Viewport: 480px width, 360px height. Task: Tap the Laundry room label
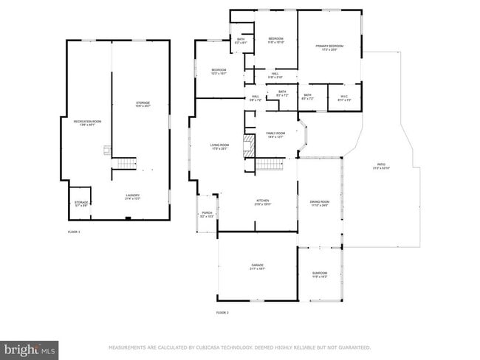pos(133,196)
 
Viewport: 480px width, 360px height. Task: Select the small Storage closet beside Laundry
pos(81,204)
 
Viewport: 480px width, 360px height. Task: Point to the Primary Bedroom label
pos(330,48)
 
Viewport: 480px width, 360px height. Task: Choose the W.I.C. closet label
pos(344,97)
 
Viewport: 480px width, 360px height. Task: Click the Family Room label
pos(275,134)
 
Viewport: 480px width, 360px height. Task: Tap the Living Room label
pos(220,146)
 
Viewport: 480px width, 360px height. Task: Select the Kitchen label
pos(264,202)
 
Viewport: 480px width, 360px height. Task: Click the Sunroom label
pos(319,274)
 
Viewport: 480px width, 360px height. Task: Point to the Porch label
pos(207,214)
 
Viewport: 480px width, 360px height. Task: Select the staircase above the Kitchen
pos(270,164)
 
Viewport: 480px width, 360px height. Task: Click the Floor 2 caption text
pos(222,314)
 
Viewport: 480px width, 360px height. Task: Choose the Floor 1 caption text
pos(73,232)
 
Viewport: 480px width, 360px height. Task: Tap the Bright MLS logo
pos(30,348)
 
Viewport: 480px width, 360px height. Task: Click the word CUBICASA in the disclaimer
pos(211,347)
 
